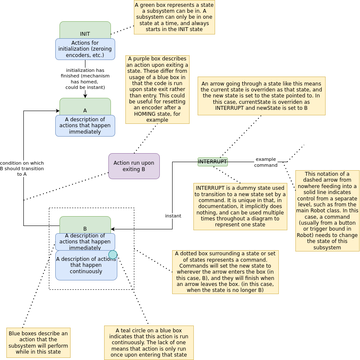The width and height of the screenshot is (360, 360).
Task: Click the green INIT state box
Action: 85,29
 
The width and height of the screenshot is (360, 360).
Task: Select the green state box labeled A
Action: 85,106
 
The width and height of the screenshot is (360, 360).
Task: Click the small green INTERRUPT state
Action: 213,162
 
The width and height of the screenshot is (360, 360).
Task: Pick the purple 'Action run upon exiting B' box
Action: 134,166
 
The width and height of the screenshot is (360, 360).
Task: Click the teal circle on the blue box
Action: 113,254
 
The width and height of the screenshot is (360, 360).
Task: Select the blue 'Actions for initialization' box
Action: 85,49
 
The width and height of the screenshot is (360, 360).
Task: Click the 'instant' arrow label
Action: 173,216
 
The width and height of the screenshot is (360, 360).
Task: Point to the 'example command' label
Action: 266,162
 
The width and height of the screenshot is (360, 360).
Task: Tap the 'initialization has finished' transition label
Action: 85,79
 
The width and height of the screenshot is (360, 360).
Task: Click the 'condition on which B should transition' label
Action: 22,169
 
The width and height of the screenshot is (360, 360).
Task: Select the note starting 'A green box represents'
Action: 174,17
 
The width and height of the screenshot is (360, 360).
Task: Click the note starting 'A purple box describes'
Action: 157,89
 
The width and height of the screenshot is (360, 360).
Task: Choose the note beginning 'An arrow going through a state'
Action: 261,96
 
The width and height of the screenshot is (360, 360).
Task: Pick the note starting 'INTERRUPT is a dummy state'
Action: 240,206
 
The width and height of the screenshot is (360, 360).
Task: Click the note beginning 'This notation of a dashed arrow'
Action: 327,211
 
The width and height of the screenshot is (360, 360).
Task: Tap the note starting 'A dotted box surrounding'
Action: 225,272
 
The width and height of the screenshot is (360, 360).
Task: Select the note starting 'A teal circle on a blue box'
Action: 149,343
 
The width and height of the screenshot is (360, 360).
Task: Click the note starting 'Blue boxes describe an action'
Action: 38,343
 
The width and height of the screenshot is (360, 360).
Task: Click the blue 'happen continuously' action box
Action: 85,268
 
